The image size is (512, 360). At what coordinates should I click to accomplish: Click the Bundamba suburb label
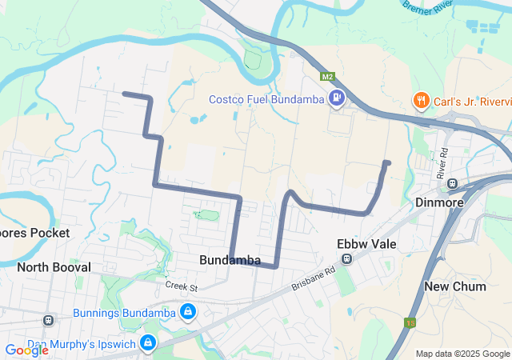[x=230, y=260]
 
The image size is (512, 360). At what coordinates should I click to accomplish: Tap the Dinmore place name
[x=439, y=202]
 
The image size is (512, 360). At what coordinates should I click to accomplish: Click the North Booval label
[x=54, y=266]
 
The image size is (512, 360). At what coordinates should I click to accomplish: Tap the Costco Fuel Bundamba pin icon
[x=337, y=99]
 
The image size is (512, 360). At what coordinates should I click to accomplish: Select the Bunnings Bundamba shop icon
[x=187, y=311]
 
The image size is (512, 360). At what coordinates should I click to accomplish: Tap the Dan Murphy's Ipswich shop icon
[x=148, y=343]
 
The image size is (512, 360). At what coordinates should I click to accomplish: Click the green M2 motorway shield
[x=327, y=78]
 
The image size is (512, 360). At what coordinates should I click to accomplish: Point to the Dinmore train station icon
[x=453, y=183]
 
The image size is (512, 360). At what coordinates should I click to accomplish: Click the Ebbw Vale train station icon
[x=347, y=258]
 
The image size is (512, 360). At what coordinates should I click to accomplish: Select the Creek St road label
[x=182, y=286]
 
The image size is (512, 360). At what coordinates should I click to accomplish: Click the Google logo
[x=26, y=350]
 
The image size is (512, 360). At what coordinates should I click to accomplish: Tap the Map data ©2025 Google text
[x=462, y=354]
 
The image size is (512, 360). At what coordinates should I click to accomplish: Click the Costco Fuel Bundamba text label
[x=266, y=99]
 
